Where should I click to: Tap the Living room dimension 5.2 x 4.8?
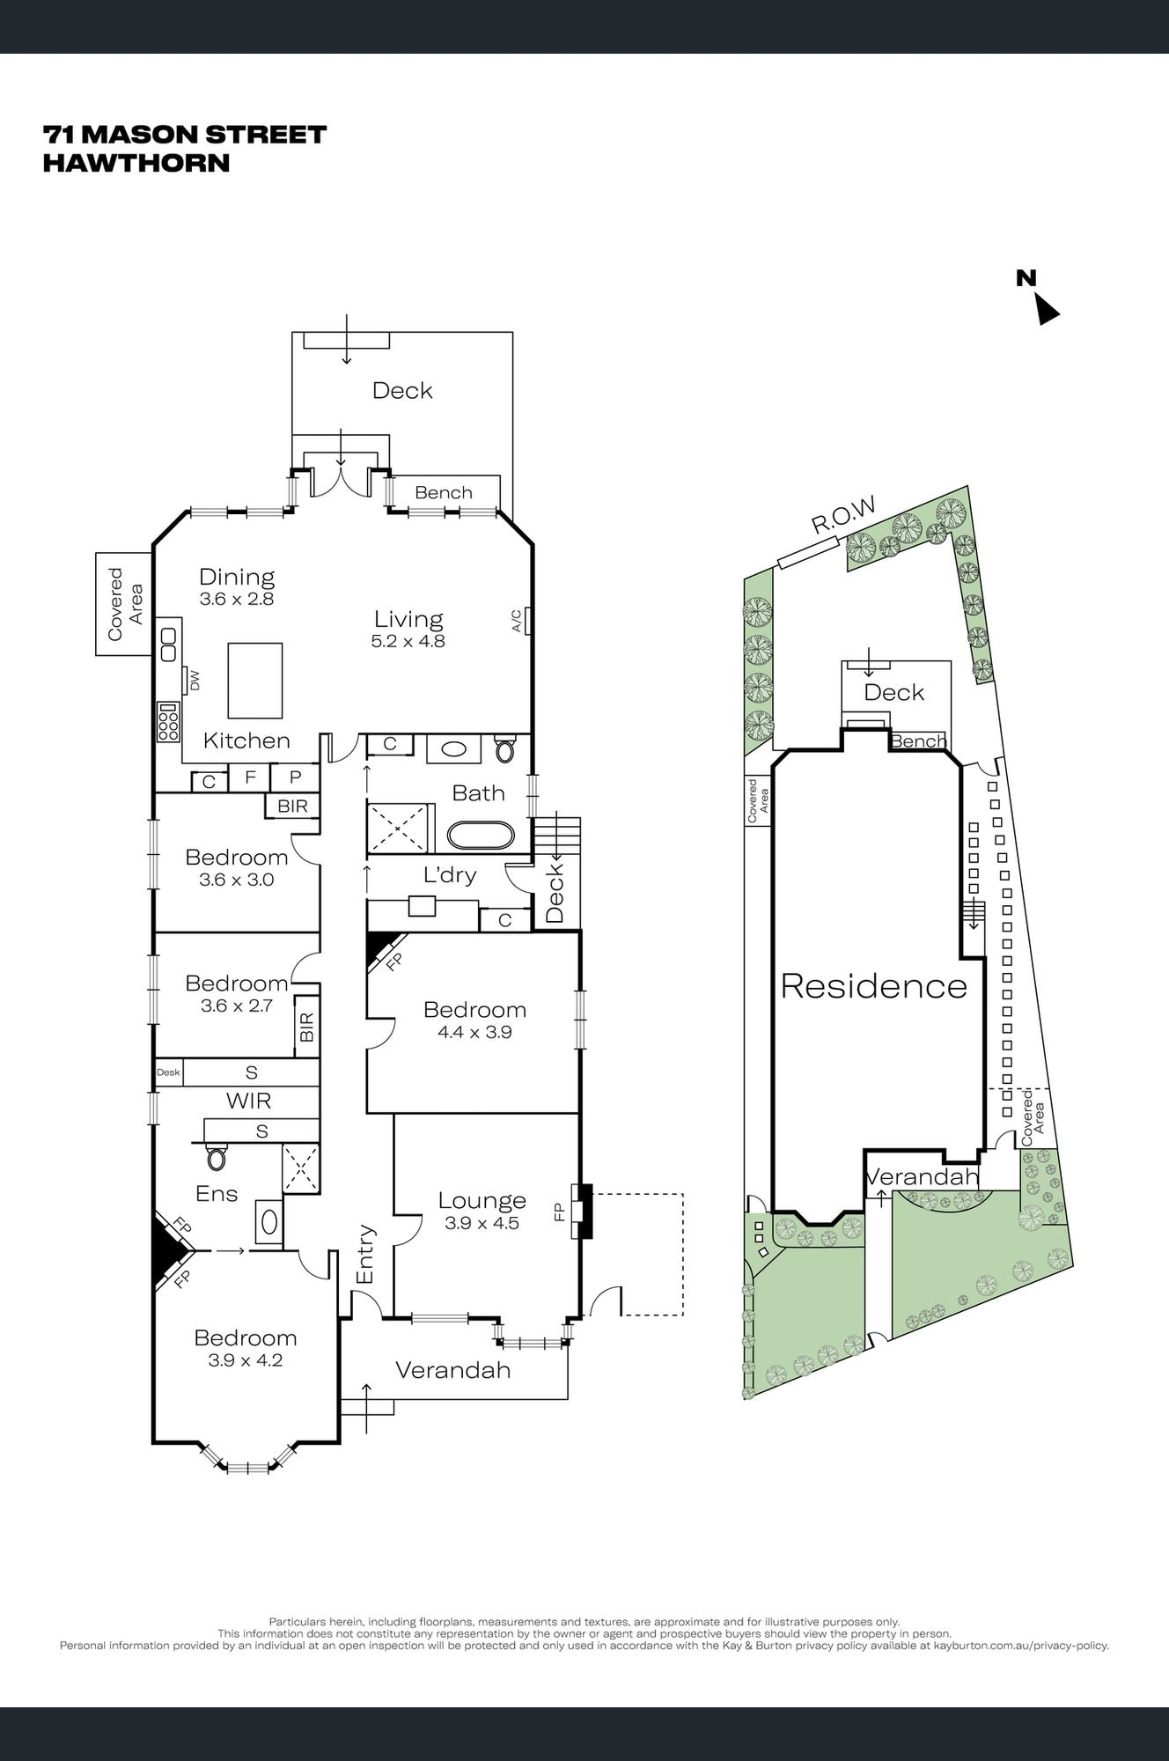pos(408,641)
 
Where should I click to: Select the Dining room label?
pos(237,577)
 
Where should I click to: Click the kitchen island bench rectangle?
pos(255,681)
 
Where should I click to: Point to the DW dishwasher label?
pos(195,681)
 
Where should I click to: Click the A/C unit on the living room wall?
pos(527,620)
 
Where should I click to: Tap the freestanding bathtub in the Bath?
pos(480,836)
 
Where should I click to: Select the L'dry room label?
pos(450,875)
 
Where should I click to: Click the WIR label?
pos(248,1101)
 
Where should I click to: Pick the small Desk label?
pos(168,1072)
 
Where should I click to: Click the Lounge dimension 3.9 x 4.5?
pos(482,1223)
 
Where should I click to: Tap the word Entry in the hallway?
pos(366,1254)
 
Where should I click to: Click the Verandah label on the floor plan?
pos(452,1370)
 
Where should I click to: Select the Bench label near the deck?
pos(444,492)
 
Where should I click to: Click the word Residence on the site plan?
pos(873,986)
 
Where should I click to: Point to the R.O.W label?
pos(843,516)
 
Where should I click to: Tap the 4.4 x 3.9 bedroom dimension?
pos(474,1032)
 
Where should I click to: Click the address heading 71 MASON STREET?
pos(185,135)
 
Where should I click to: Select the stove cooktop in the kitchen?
pos(168,722)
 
